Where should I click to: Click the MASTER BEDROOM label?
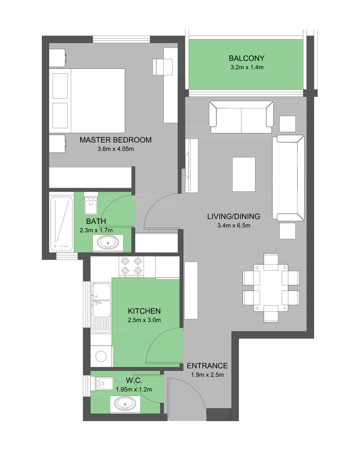click(115, 140)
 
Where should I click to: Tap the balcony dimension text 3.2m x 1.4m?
click(247, 67)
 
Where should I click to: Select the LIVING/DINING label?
click(234, 216)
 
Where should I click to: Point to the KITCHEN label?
click(144, 311)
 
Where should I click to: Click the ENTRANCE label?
click(207, 365)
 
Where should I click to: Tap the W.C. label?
click(134, 381)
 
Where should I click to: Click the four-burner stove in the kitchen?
click(131, 266)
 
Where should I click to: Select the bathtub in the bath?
click(62, 224)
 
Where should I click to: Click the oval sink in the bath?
click(108, 243)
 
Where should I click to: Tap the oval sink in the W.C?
click(125, 404)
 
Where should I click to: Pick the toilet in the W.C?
click(102, 383)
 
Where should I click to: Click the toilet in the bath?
click(91, 203)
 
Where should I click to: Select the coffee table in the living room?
click(244, 174)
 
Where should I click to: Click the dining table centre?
click(271, 288)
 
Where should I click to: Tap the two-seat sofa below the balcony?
click(241, 117)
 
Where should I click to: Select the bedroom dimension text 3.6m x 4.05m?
click(115, 149)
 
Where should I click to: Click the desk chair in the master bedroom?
click(162, 67)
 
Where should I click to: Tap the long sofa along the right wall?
click(288, 178)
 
